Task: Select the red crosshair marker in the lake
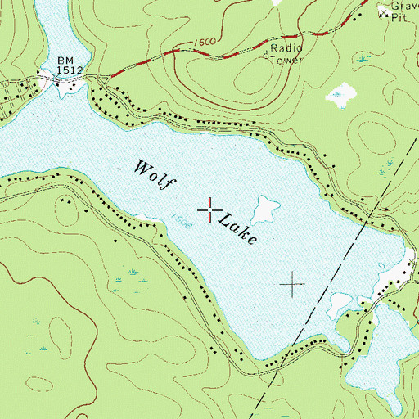click(x=209, y=210)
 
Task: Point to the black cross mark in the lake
click(x=292, y=285)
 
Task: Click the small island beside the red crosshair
click(x=264, y=209)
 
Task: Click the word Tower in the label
click(x=286, y=60)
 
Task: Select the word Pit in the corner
click(x=398, y=17)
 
